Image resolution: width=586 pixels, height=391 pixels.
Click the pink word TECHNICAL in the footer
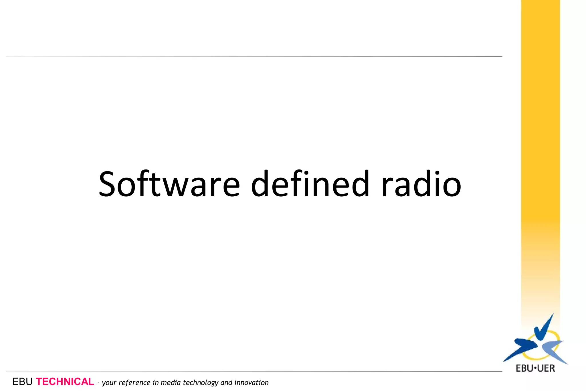(65, 382)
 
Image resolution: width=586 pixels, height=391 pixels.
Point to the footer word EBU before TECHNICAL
(22, 382)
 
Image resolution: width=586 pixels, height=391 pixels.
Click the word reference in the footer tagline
(134, 383)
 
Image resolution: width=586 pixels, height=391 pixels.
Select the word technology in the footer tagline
(201, 383)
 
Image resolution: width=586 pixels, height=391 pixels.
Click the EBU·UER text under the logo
(535, 368)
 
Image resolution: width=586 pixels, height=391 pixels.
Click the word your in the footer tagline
(109, 383)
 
